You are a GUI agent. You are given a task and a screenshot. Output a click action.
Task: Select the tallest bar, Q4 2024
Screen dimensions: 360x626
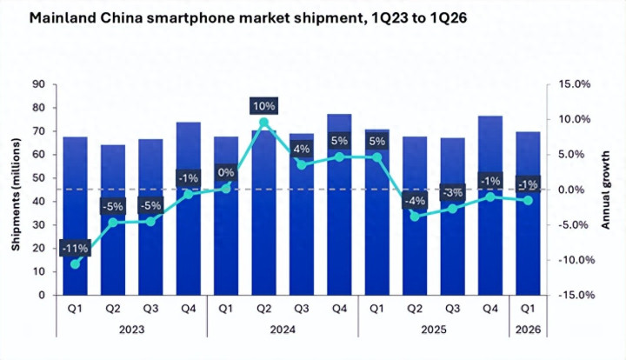(x=339, y=209)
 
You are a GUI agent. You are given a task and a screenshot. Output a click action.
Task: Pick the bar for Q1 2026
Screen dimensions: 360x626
(x=527, y=217)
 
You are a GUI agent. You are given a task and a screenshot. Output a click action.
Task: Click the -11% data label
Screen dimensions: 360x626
(x=75, y=247)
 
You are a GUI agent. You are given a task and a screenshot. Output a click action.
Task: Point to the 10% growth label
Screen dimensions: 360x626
(x=264, y=106)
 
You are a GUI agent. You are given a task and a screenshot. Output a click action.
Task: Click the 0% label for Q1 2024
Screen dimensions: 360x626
(x=226, y=172)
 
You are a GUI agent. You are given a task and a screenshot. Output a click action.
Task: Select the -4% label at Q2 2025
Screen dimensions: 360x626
(x=415, y=201)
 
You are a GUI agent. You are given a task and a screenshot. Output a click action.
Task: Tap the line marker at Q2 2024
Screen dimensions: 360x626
(x=263, y=123)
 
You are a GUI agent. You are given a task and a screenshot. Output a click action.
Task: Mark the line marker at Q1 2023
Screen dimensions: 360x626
(x=75, y=263)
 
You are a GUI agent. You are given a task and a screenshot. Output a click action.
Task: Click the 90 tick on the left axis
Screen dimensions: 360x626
(x=39, y=84)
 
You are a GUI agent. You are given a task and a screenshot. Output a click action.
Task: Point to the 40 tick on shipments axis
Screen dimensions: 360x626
(x=39, y=202)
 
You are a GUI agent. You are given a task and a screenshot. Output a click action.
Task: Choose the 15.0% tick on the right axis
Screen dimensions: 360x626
(x=576, y=84)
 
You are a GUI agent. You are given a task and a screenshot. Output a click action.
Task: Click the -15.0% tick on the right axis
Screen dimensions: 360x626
(x=574, y=296)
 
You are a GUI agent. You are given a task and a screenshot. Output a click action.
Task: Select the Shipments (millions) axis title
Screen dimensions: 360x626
(x=16, y=189)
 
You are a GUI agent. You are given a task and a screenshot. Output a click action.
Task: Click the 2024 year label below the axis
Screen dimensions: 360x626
(x=283, y=330)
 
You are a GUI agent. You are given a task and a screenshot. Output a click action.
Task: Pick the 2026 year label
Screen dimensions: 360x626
(x=527, y=330)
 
